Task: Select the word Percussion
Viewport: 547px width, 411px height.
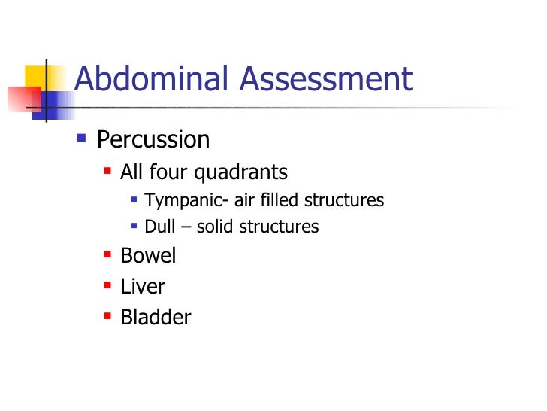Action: [153, 140]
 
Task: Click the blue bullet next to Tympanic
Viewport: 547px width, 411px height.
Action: [133, 199]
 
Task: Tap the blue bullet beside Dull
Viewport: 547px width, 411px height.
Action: [133, 224]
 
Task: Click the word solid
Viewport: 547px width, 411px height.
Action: [214, 226]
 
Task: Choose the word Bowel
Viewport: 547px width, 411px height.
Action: [148, 256]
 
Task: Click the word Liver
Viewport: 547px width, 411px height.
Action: [143, 287]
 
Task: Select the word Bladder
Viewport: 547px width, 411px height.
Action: [156, 318]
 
